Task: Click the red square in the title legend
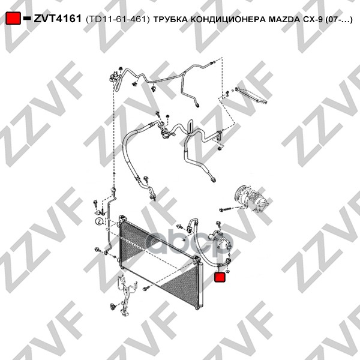click(x=13, y=18)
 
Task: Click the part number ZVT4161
click(x=58, y=19)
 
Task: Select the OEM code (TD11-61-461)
click(x=118, y=20)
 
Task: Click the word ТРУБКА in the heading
click(x=171, y=20)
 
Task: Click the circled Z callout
click(x=99, y=221)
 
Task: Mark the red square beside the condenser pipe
click(x=220, y=277)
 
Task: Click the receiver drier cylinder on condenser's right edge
click(x=201, y=284)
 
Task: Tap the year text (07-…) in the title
click(x=339, y=20)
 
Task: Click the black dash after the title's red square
click(x=27, y=18)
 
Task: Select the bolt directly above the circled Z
click(x=95, y=204)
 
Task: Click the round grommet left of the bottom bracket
click(x=113, y=306)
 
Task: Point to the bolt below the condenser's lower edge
click(x=146, y=288)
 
